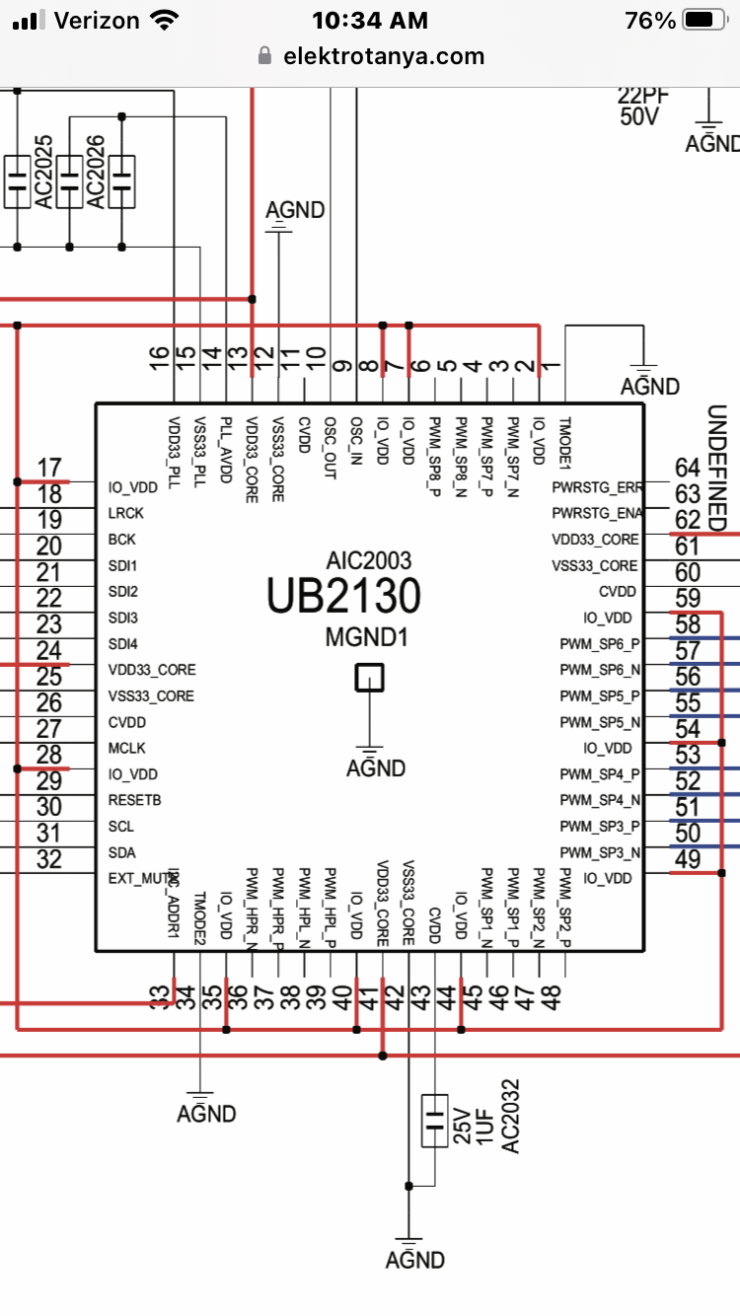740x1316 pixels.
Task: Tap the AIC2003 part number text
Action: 368,561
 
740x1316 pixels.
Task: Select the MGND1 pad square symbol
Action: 369,678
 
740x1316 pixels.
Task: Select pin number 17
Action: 48,467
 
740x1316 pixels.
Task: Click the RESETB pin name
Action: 134,799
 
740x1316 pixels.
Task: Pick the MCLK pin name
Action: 127,748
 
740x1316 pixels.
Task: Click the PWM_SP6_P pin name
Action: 599,644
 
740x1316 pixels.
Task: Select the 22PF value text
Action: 643,95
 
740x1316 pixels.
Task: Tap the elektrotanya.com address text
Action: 384,56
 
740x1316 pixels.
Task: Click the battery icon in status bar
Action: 703,20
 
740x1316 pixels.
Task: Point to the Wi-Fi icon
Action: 164,20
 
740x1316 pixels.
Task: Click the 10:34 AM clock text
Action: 369,20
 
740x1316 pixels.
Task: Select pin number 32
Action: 48,859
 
